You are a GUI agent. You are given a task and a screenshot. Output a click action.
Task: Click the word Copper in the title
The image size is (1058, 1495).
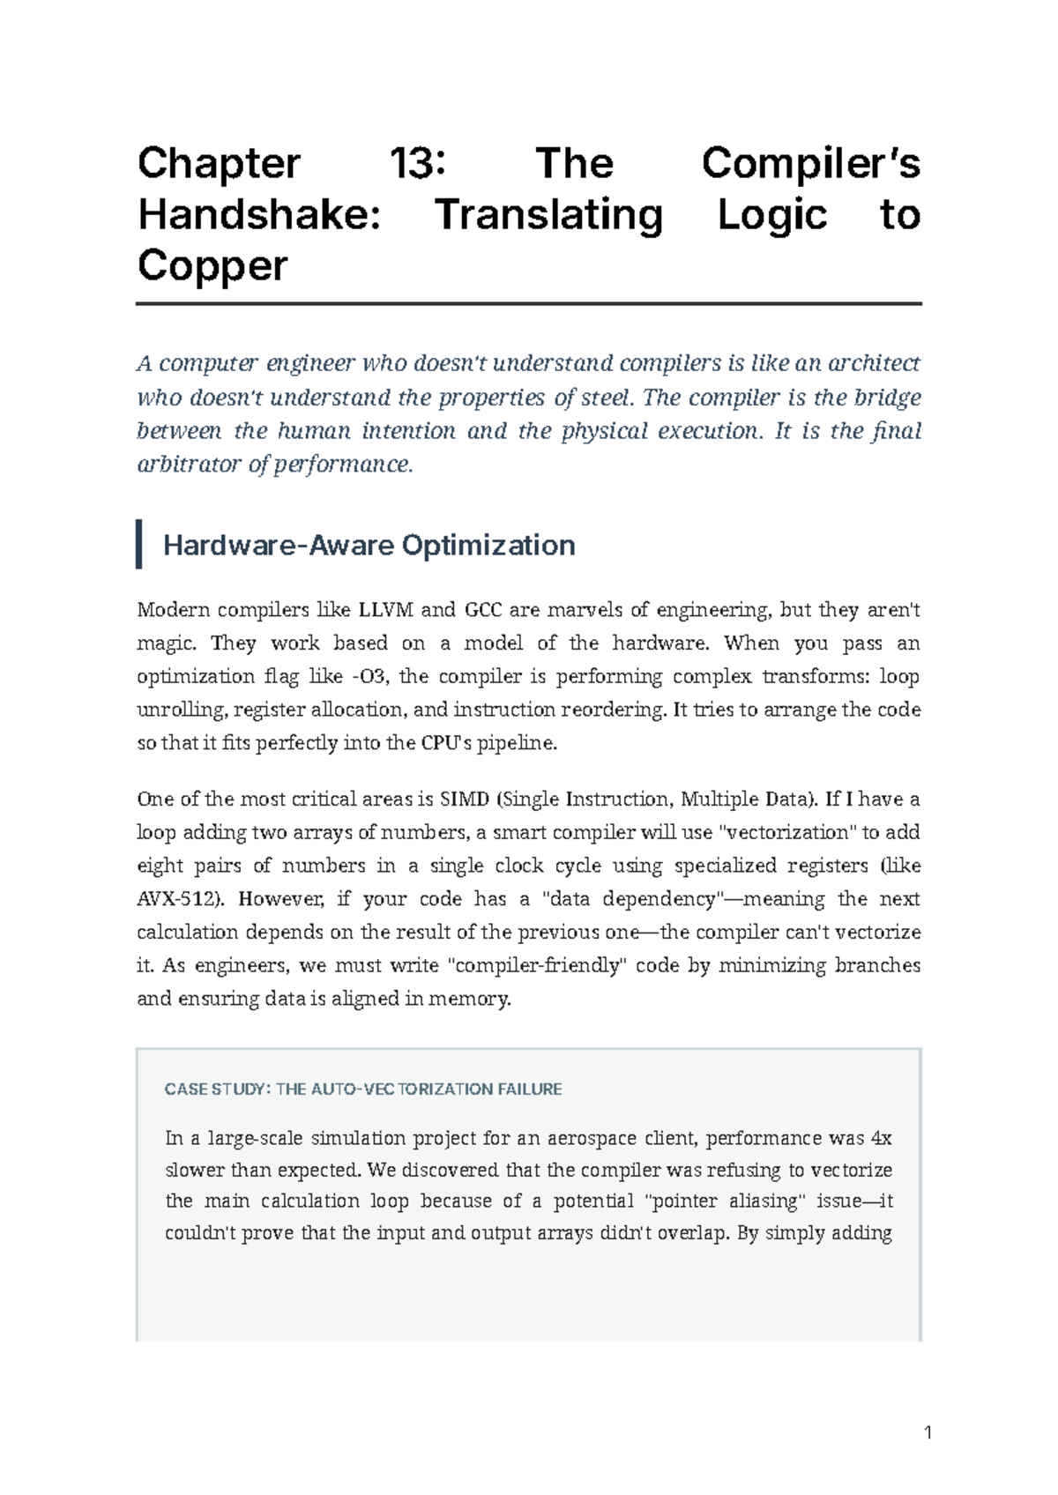pyautogui.click(x=212, y=265)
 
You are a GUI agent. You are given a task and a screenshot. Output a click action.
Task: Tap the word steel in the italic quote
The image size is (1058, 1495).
pyautogui.click(x=606, y=398)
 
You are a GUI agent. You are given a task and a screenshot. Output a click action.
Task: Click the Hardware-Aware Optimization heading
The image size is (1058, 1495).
pyautogui.click(x=369, y=546)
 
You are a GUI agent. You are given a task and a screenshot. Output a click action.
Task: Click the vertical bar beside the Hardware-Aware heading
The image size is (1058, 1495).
pyautogui.click(x=139, y=544)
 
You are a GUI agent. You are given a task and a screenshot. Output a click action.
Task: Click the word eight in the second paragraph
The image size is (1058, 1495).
pyautogui.click(x=160, y=866)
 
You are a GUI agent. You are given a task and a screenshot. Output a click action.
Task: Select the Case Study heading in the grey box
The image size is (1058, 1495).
pyautogui.click(x=363, y=1090)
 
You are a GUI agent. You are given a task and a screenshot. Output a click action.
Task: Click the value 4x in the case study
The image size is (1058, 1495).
pyautogui.click(x=882, y=1138)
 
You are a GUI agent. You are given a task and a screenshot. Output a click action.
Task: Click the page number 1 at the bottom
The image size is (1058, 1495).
pyautogui.click(x=928, y=1433)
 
